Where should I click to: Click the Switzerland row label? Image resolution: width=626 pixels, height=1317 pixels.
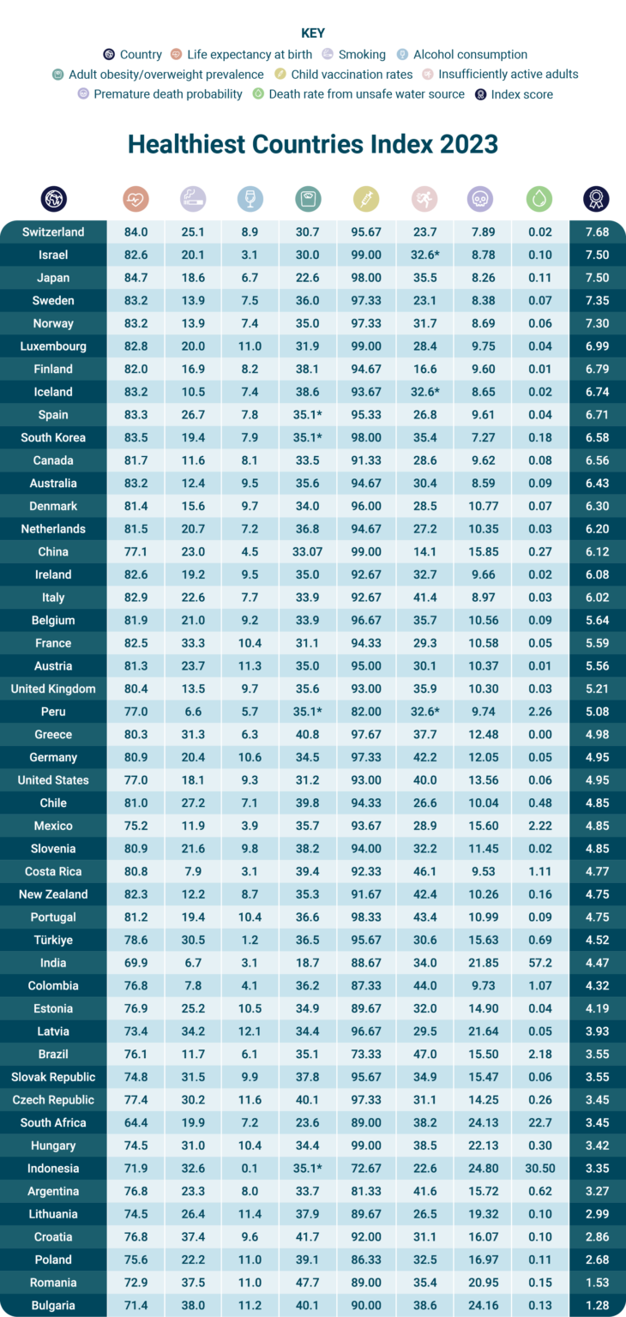coord(53,232)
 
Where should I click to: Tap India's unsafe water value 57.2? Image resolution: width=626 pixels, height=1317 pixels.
coord(539,963)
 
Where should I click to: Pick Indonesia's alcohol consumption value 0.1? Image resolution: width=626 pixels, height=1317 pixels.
coord(250,1169)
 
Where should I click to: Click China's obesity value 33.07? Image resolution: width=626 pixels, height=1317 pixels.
coord(308,552)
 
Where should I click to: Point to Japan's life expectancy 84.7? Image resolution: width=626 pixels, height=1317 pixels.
coord(135,278)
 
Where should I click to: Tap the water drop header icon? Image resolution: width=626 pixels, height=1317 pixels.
coord(539,200)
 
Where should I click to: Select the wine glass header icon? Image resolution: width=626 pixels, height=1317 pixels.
coord(250,200)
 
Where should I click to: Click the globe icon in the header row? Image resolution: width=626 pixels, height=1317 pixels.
coord(53,200)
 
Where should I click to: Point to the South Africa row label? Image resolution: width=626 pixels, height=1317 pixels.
coord(53,1123)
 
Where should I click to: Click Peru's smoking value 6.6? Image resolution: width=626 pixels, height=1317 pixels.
coord(193,712)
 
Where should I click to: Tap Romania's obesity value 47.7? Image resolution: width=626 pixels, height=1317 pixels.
coord(308,1283)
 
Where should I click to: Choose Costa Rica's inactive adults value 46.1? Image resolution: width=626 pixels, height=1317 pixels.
coord(423,871)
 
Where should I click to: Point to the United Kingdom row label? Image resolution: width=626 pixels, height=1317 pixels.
coord(53,689)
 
